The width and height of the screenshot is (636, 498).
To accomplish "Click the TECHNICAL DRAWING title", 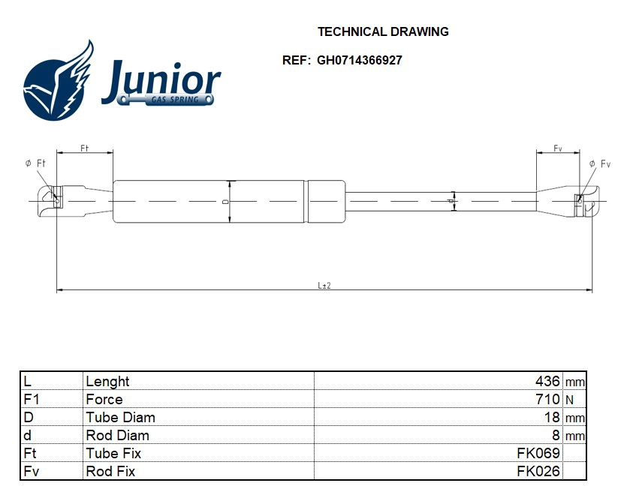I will (383, 31).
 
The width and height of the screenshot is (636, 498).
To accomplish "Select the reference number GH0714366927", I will (359, 60).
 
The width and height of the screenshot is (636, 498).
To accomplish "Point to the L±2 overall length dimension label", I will (324, 285).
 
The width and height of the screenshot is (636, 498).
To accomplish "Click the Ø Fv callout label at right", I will (600, 163).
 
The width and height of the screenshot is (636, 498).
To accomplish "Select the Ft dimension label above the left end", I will (84, 148).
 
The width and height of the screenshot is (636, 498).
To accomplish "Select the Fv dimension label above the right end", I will (558, 148).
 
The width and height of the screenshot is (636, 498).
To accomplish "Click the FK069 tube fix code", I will (538, 453).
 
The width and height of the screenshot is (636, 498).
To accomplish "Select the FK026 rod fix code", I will (538, 471).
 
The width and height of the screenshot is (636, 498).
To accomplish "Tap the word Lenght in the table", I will (107, 382).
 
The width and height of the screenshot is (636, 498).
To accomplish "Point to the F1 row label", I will (31, 399).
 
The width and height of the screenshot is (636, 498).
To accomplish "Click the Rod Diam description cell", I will (117, 435).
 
